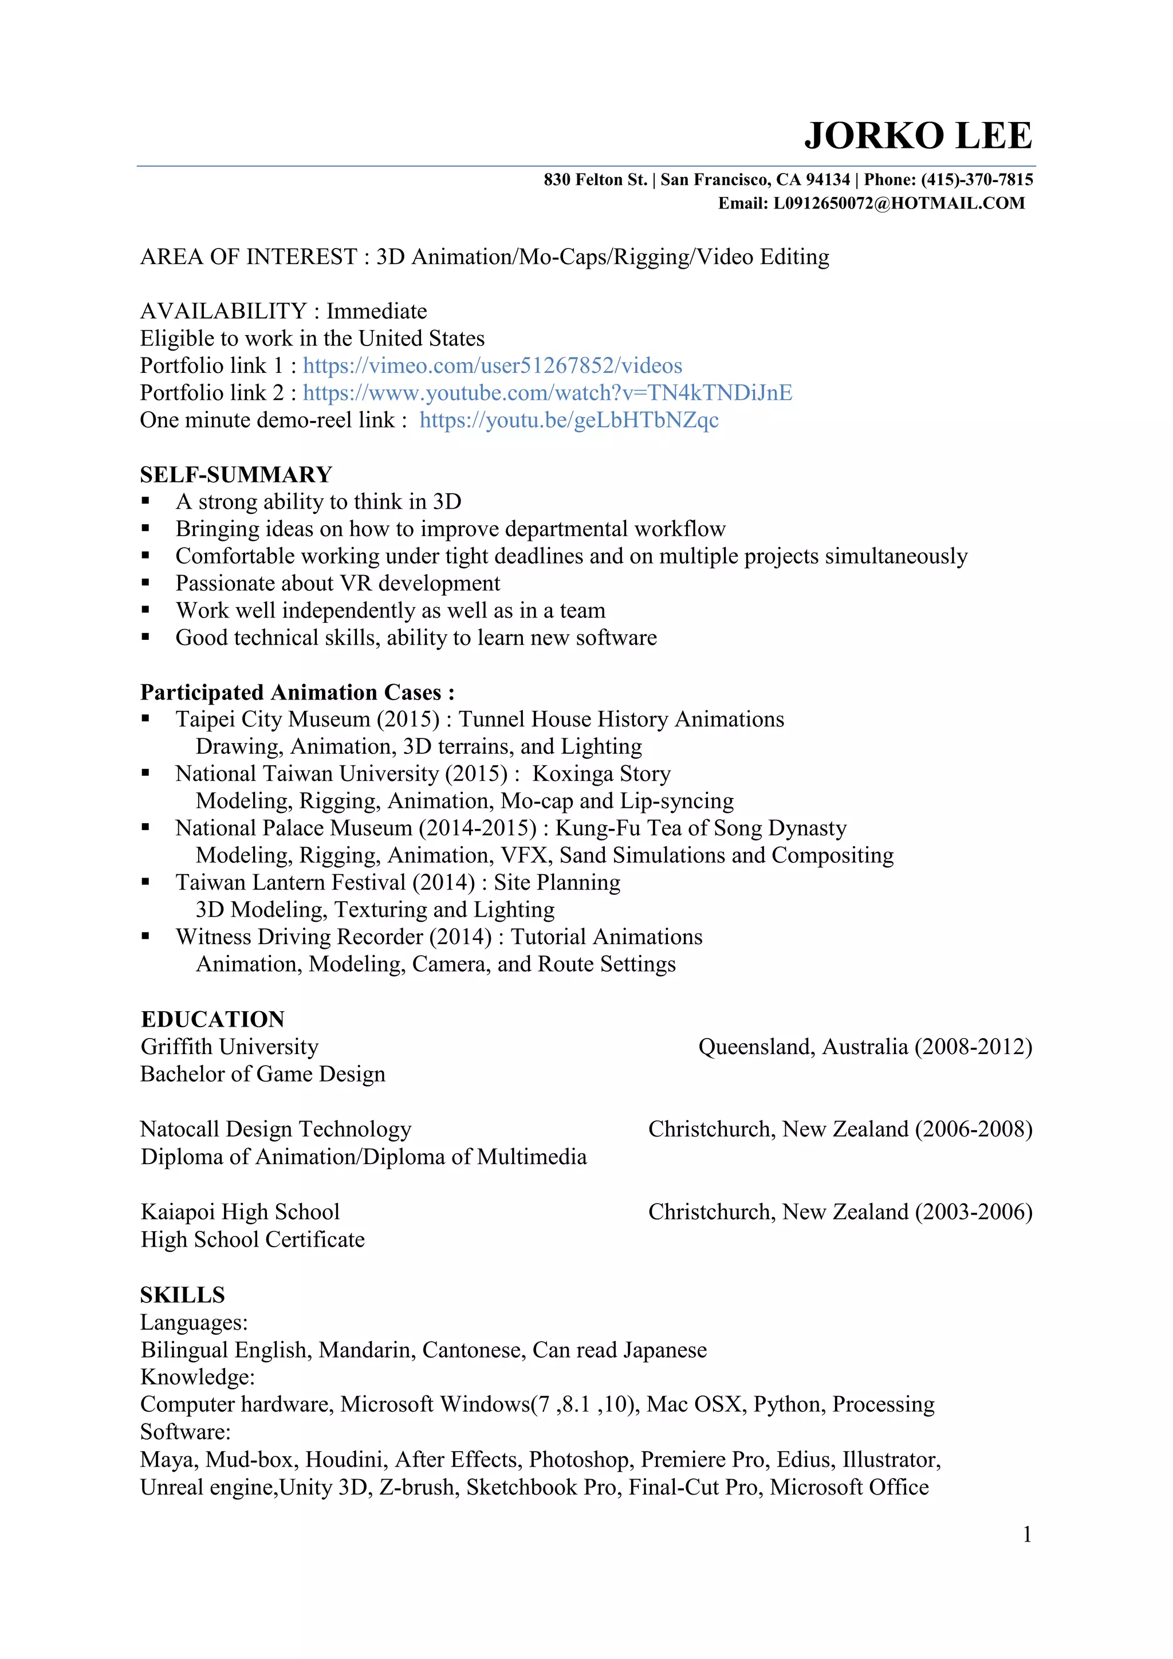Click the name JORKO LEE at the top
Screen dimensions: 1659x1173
tap(918, 136)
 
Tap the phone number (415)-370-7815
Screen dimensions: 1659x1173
tap(977, 179)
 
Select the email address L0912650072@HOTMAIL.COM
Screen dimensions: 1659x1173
tap(899, 203)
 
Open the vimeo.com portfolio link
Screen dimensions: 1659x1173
tap(492, 365)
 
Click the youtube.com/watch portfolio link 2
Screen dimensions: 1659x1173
tap(547, 392)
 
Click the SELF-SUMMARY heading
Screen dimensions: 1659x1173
tap(235, 475)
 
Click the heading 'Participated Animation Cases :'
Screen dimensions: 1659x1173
tap(297, 692)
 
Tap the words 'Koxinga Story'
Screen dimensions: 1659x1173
tap(601, 774)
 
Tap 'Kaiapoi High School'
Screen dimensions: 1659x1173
tap(240, 1212)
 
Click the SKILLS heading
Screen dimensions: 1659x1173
tap(182, 1295)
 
